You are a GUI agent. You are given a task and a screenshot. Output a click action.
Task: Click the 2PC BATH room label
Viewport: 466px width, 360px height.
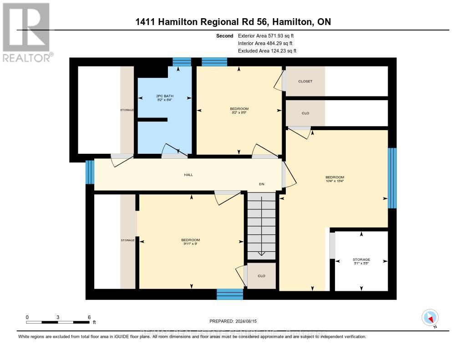[x=164, y=96]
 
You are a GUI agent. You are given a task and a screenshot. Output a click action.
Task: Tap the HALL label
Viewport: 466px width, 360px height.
[x=188, y=174]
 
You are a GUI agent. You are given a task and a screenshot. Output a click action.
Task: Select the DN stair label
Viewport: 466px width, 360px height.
[x=262, y=184]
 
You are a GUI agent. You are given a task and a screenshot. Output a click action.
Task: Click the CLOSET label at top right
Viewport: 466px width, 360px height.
[x=305, y=81]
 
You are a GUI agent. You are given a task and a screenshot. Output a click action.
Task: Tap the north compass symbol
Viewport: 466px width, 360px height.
[x=430, y=317]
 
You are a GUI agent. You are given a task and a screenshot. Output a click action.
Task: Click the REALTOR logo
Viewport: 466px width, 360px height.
[x=27, y=32]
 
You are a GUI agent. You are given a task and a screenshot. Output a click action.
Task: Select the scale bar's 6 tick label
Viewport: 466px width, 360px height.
[x=89, y=317]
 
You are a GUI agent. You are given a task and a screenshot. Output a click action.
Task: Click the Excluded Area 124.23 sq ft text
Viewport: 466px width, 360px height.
[x=267, y=51]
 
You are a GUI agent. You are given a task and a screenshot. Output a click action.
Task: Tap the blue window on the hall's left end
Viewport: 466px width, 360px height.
[x=90, y=172]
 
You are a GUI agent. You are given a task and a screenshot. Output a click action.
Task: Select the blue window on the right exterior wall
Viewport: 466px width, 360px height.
[x=392, y=178]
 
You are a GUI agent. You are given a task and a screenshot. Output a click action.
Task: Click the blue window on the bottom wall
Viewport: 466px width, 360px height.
[x=230, y=294]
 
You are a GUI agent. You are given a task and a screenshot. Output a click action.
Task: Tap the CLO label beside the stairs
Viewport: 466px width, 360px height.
[x=261, y=276]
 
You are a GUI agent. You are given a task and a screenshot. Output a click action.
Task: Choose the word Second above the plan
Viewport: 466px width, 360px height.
[x=225, y=35]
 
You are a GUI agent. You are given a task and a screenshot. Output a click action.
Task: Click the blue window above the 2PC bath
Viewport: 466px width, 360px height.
[x=182, y=62]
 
